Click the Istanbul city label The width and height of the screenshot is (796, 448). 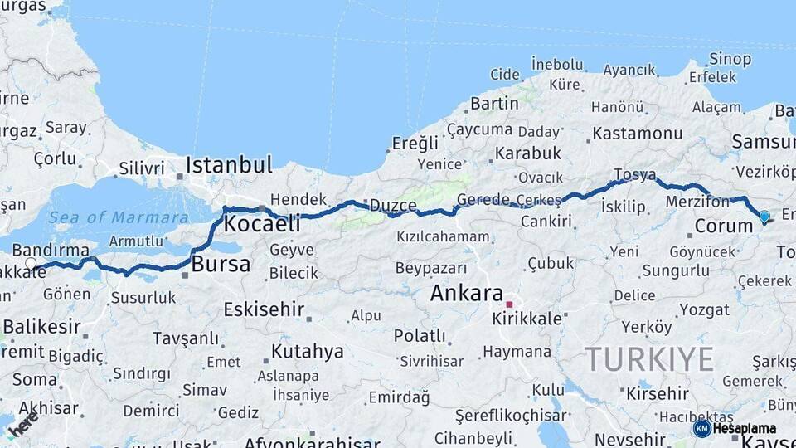229,164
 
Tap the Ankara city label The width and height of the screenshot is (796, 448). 466,293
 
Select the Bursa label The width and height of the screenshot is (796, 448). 221,265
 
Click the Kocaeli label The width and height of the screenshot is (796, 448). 262,223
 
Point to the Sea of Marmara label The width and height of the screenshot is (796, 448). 118,217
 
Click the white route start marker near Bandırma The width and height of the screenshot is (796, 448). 32,265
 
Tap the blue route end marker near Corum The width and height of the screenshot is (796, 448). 764,217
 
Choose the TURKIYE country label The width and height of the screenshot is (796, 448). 649,359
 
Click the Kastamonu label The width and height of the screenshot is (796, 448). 637,133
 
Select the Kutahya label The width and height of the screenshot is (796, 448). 307,351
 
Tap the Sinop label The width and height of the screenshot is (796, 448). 730,59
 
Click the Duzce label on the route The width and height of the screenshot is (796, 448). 392,205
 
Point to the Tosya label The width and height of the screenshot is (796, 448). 635,175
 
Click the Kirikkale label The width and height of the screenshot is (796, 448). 527,319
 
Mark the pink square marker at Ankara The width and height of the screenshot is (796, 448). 509,304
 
